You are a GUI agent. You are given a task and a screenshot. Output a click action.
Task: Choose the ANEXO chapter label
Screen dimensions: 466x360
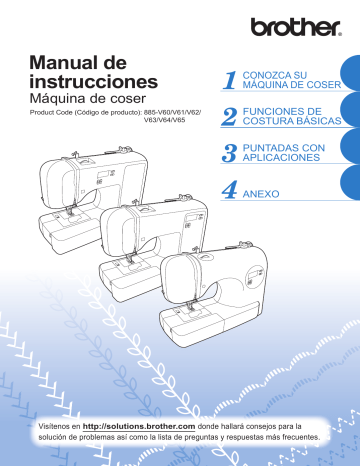265,188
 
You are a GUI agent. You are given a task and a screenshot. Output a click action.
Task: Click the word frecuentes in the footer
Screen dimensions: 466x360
298,437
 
